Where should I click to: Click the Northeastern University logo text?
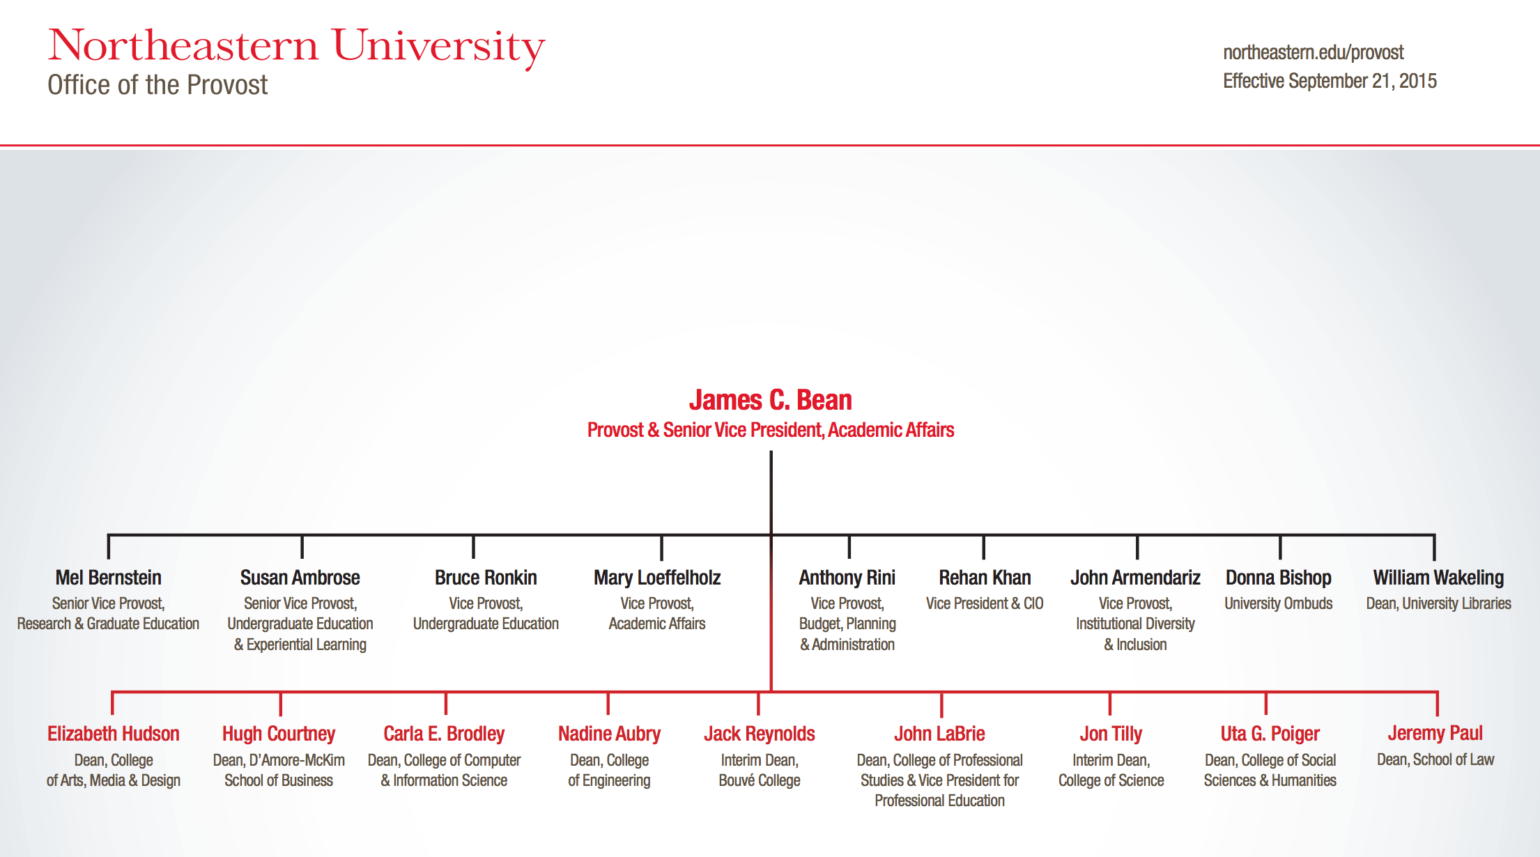pos(296,47)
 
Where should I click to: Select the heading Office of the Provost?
pos(157,85)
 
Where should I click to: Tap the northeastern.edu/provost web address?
pos(1314,53)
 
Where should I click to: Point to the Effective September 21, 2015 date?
pos(1330,81)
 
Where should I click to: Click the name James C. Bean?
pos(771,400)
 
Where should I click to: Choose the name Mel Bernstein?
pos(108,578)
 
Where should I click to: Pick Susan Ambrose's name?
pos(300,578)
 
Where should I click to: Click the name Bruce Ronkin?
pos(486,578)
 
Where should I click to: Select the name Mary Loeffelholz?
pos(657,578)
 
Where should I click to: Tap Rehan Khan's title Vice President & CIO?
pos(985,603)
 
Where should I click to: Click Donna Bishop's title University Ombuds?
pos(1279,603)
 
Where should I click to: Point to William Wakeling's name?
pos(1438,578)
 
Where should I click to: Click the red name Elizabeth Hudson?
pos(114,734)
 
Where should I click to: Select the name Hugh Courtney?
pos(279,734)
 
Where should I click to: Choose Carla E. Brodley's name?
pos(444,734)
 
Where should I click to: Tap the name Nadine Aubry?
pos(609,734)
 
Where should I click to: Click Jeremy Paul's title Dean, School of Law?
pos(1435,759)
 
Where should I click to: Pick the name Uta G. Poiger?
pos(1270,734)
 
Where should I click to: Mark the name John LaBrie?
pos(939,734)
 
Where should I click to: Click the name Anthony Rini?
pos(847,578)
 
